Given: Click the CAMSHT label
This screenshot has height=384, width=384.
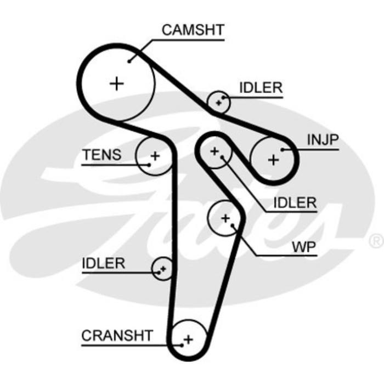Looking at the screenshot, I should pos(193,30).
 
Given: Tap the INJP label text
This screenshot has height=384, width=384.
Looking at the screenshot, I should pos(323,140).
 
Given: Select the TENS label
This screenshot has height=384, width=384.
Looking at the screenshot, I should pos(102,155).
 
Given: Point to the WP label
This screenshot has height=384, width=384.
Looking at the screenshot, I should pos(303,247).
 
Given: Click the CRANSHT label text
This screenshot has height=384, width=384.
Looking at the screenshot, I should pos(117,335).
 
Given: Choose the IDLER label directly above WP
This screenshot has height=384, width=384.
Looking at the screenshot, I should pos(295,203).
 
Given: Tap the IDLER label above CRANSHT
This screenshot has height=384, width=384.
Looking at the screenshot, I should pos(104,263).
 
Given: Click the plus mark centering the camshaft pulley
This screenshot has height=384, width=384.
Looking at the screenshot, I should pos(117,83).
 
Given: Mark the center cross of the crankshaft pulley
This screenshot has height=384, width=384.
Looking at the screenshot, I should pos(188,338).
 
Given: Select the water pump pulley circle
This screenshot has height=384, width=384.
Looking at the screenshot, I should pos(225,218).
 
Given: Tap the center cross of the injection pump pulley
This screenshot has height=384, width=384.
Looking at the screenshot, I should pos(273,160).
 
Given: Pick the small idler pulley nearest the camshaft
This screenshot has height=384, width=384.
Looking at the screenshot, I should pos(219,101).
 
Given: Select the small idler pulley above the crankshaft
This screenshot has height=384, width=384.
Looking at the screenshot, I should pos(162,269).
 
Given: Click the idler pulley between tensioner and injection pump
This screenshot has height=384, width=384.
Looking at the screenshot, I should pos(214,150).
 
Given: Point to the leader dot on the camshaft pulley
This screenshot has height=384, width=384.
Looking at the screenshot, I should pos(130,61).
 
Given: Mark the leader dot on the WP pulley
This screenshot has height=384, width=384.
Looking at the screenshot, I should pos(233,225).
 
